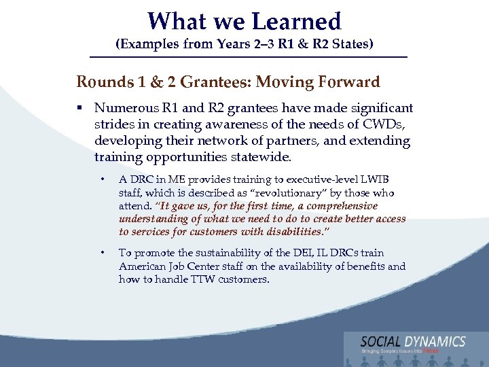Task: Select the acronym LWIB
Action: pos(377,180)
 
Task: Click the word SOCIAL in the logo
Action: pos(382,342)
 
